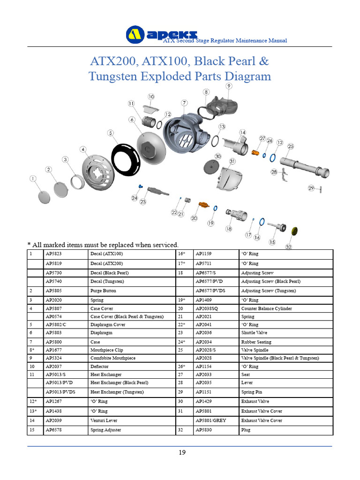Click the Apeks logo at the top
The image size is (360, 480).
point(161,34)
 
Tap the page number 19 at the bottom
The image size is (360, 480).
point(182,452)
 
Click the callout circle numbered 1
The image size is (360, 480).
point(33,179)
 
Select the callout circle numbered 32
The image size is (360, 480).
point(289,247)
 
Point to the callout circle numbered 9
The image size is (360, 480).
point(228,86)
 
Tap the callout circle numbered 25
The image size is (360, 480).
point(291,147)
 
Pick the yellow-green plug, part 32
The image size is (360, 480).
point(295,231)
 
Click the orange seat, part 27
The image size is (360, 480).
point(255,153)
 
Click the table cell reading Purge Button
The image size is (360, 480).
point(103,291)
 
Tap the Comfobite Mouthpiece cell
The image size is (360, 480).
point(112,358)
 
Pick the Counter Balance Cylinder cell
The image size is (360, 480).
point(266,309)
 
